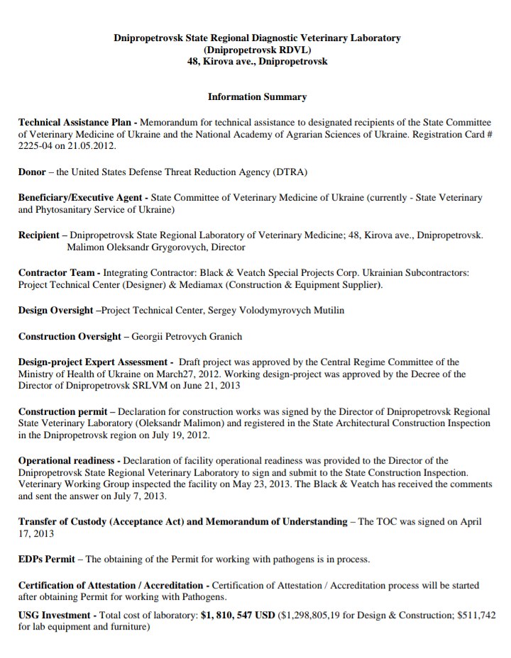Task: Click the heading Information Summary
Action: point(257,96)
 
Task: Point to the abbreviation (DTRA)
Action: point(290,172)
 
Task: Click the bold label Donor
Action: point(32,172)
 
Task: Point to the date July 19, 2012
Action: point(185,435)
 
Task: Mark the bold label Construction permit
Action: point(62,411)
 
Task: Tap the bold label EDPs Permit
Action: point(47,559)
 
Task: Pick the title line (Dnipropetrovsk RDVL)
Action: point(257,50)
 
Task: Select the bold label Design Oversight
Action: point(55,311)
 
